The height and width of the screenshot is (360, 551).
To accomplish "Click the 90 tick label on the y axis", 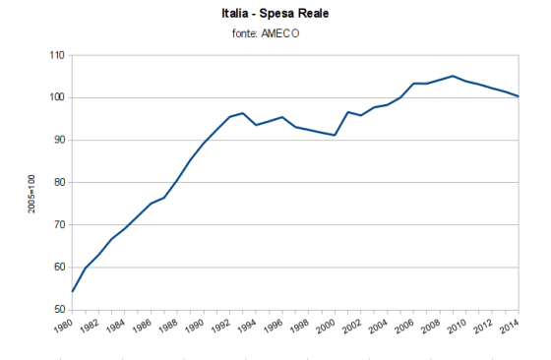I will coord(58,141).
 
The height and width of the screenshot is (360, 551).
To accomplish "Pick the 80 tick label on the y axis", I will coord(58,183).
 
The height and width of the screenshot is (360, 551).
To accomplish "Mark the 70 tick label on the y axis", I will coord(58,225).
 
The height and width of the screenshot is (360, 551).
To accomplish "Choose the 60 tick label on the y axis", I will coord(58,268).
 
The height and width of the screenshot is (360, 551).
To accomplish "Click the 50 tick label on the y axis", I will coord(58,310).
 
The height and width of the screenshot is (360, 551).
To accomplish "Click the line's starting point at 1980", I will coord(73,291).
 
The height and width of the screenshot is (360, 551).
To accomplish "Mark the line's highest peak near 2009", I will coord(453,76).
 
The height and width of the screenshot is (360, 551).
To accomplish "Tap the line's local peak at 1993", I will coord(243,113).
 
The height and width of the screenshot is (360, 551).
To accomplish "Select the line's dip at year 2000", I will coord(336,135).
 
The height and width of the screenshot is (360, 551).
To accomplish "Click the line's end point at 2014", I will coord(519,96).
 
